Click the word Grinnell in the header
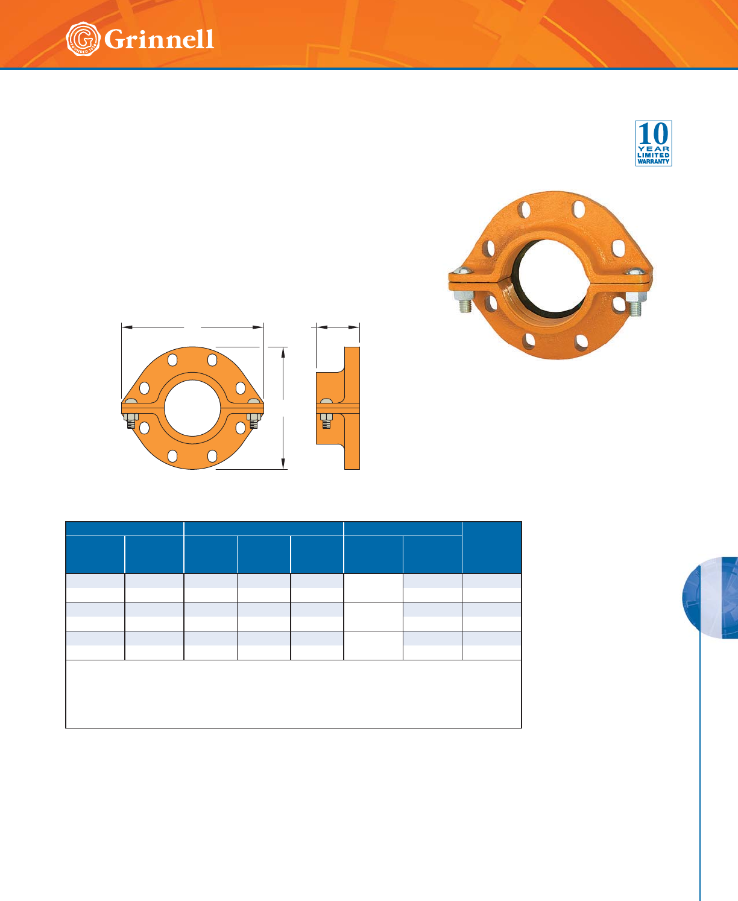[159, 40]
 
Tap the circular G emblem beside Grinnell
[83, 39]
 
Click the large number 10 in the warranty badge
[654, 134]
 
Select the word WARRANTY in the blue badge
[654, 162]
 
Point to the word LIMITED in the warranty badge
[654, 155]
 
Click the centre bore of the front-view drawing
[192, 408]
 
